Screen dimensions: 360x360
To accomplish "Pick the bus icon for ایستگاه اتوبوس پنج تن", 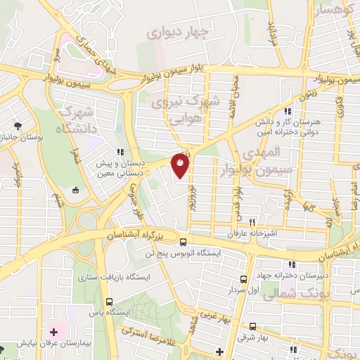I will [184, 240].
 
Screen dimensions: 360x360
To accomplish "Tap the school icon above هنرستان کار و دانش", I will [286, 112].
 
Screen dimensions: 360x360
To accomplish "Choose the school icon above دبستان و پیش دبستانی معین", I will [121, 151].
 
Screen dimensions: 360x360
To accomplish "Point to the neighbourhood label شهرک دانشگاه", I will [77, 119].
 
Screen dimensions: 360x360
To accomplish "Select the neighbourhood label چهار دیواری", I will [178, 32].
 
